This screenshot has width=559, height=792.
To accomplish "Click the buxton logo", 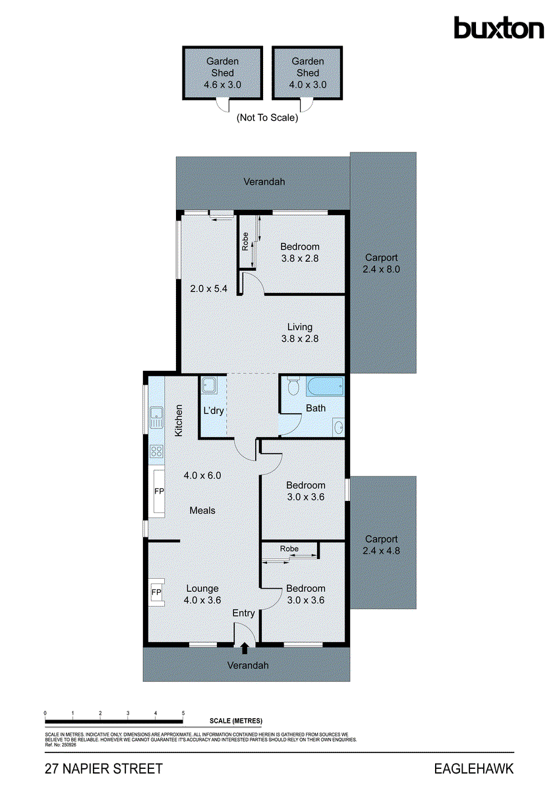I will [x=498, y=28].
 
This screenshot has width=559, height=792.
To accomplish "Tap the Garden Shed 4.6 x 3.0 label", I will [x=223, y=73].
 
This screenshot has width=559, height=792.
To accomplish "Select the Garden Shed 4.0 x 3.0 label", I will [x=308, y=73].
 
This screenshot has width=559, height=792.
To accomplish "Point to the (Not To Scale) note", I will [x=267, y=118].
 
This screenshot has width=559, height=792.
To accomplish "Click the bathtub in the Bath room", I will [x=325, y=386].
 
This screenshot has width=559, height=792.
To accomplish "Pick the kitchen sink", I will [x=156, y=416].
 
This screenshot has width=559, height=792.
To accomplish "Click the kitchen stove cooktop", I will [x=157, y=451].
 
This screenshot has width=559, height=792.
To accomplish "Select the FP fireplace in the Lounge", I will [x=156, y=593].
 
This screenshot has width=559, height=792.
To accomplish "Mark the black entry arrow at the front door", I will [x=245, y=649].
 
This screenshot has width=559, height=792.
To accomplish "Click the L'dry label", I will [x=213, y=410].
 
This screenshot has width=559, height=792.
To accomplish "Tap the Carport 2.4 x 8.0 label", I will [x=381, y=263].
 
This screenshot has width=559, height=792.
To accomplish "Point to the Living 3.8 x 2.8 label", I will [x=300, y=333].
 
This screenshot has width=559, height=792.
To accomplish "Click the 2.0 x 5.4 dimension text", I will [x=204, y=288].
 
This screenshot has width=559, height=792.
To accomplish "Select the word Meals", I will [x=202, y=510].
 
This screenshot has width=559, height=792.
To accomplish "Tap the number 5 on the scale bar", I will [x=183, y=713].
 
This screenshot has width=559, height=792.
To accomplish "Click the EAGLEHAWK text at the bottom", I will [x=473, y=769].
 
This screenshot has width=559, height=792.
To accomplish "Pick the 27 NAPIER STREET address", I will [x=103, y=769].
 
